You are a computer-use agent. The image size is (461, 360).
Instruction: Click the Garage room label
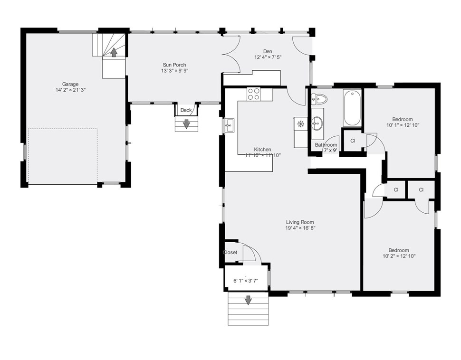[70, 85]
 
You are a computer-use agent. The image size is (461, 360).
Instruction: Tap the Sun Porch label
[174, 65]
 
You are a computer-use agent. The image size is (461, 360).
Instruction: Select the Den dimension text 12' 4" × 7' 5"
[268, 57]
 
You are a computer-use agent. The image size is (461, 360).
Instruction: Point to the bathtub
[352, 108]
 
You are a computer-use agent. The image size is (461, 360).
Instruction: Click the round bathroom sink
[317, 123]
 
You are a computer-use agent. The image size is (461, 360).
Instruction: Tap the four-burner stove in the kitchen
[254, 94]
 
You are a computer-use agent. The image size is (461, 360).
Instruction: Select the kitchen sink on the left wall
[229, 126]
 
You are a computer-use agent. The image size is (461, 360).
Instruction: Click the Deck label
[186, 110]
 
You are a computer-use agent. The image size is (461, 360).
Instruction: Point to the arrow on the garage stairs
[114, 52]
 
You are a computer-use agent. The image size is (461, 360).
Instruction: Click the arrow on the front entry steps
[249, 300]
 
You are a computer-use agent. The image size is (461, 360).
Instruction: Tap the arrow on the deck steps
[186, 124]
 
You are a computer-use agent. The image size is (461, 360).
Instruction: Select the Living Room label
[300, 222]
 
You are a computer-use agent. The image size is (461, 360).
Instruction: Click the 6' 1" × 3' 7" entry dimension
[246, 281]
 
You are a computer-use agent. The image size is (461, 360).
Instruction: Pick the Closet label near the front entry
[230, 253]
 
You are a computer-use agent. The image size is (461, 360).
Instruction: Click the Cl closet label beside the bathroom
[353, 141]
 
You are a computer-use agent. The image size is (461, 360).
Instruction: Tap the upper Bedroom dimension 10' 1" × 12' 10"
[403, 125]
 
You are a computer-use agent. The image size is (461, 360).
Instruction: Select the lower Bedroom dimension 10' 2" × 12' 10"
[399, 256]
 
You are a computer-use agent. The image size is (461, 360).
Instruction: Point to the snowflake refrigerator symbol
[300, 124]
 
